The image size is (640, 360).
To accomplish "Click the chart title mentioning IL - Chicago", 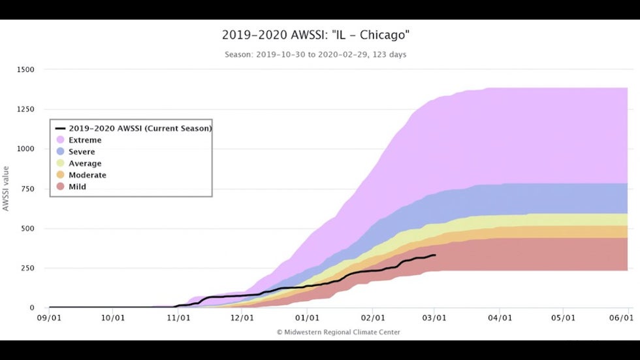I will pyautogui.click(x=316, y=35).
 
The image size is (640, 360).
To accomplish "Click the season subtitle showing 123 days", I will pyautogui.click(x=315, y=55).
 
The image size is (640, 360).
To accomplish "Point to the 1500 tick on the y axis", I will pyautogui.click(x=31, y=69).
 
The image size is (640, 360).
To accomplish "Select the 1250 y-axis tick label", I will pyautogui.click(x=31, y=109).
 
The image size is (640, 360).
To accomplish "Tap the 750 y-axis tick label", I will pyautogui.click(x=33, y=189).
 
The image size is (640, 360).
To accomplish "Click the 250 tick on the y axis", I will pyautogui.click(x=33, y=268).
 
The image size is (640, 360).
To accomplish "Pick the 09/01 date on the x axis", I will pyautogui.click(x=49, y=318).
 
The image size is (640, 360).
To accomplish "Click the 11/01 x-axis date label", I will pyautogui.click(x=178, y=318).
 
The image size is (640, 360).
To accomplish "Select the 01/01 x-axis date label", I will pyautogui.click(x=307, y=318).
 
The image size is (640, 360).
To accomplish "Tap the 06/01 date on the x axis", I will pyautogui.click(x=621, y=318).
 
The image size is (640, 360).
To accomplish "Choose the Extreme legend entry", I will pyautogui.click(x=85, y=140).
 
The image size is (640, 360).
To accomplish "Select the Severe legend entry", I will pyautogui.click(x=82, y=152).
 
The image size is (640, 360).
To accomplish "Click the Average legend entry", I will pyautogui.click(x=84, y=163).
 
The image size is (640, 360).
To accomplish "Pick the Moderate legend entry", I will pyautogui.click(x=87, y=175).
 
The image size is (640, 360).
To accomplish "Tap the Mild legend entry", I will pyautogui.click(x=77, y=187).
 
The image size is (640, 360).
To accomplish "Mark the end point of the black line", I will pyautogui.click(x=435, y=255).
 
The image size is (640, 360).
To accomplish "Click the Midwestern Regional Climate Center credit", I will pyautogui.click(x=338, y=332).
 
